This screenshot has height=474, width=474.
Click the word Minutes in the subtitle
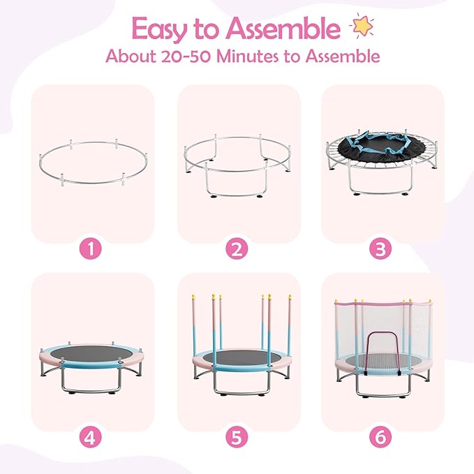tap(258, 57)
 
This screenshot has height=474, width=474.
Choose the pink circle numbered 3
tap(381, 249)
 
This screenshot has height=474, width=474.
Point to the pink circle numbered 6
tap(381, 437)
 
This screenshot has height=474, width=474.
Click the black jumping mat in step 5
tap(240, 354)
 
